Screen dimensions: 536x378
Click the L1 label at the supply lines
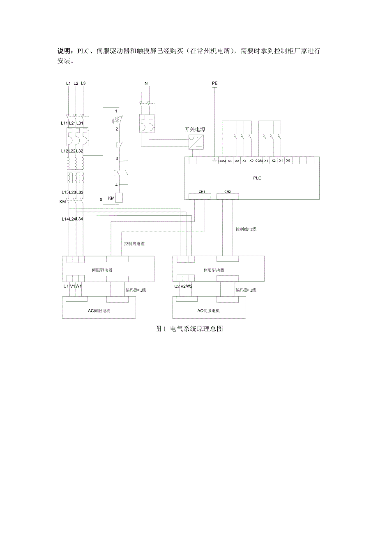(68, 83)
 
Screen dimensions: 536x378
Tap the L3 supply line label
(83, 83)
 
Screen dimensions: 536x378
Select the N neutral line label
(146, 84)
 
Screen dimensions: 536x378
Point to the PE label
(214, 84)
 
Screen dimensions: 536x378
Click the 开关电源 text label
(195, 129)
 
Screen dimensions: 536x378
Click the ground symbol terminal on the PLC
(214, 161)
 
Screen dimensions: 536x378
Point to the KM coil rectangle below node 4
(120, 198)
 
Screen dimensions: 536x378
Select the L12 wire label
(64, 151)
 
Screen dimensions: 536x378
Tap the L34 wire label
(80, 219)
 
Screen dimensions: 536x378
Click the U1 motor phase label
(66, 286)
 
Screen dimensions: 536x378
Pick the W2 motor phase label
(189, 286)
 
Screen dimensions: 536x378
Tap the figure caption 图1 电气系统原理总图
(189, 329)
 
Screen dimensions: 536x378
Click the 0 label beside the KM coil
(101, 199)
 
